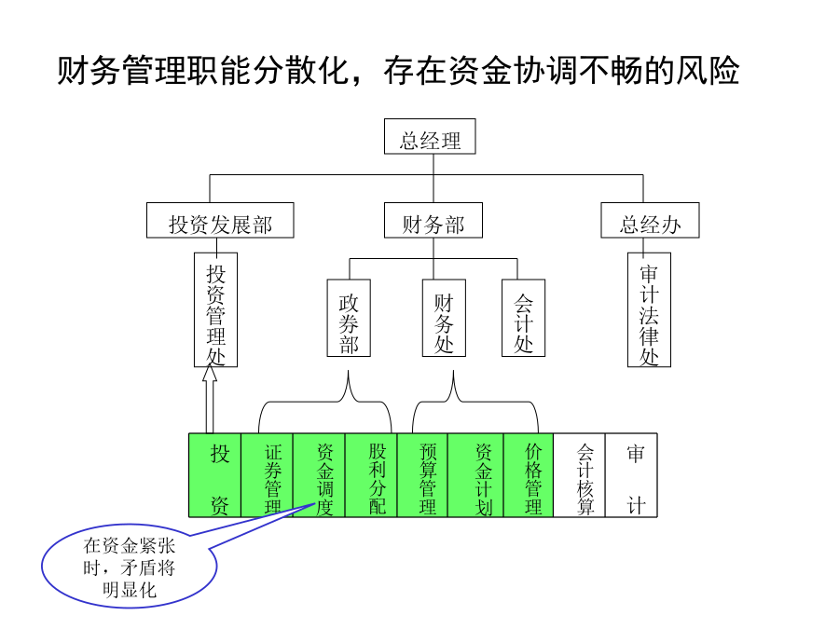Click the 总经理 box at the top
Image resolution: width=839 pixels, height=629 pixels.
430,136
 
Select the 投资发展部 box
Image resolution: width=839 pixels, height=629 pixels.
220,220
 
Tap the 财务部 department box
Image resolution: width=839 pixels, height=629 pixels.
433,220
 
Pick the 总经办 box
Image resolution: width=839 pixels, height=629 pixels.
650,220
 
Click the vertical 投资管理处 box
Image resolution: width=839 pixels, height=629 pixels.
215,309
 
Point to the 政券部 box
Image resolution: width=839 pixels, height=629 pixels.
349,318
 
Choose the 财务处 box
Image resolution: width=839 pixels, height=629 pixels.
444,318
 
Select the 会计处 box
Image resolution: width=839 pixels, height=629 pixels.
523,318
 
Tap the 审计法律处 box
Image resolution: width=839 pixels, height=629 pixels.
649,309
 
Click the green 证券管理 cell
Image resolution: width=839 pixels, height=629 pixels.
268,475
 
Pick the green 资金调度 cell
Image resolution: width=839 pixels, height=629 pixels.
320,475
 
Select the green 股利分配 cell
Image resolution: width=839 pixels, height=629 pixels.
371,475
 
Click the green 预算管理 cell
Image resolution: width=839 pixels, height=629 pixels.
422,475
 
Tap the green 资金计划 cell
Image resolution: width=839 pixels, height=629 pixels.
475,475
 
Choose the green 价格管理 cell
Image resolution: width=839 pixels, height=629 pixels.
529,475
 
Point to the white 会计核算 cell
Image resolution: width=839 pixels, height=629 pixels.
580,475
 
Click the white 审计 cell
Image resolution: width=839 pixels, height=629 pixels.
631,475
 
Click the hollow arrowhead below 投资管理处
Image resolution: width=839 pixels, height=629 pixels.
210,374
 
